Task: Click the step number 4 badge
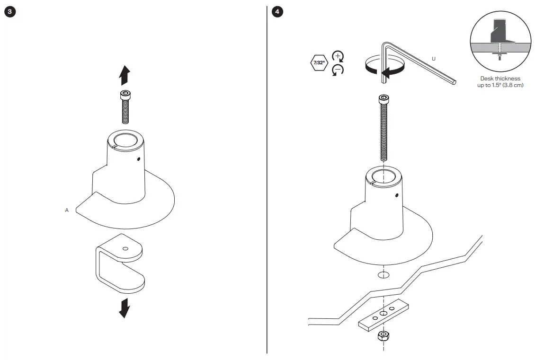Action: click(277, 11)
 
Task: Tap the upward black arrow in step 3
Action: click(125, 75)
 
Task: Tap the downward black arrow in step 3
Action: click(125, 308)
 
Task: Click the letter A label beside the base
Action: click(67, 210)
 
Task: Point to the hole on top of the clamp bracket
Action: click(125, 248)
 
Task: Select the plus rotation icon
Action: click(338, 55)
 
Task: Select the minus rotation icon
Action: click(338, 70)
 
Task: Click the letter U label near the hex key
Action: click(433, 59)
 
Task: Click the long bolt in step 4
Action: click(383, 128)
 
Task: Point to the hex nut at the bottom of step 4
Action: click(383, 336)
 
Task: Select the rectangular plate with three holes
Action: click(383, 314)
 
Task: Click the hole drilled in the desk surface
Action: click(383, 275)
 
